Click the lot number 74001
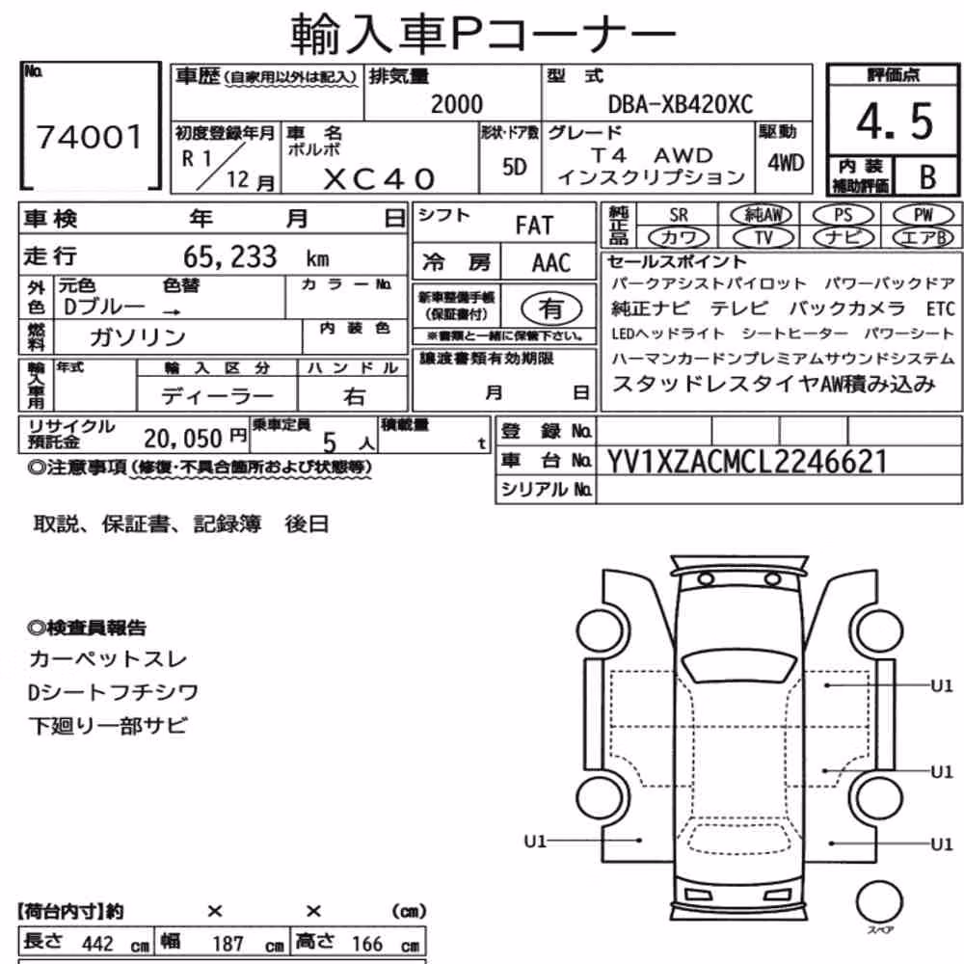coord(90,137)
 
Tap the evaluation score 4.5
coord(895,121)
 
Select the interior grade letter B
coord(927,177)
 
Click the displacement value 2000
coord(457,104)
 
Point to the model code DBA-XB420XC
coord(680,104)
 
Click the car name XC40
coord(379,179)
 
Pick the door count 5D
coord(514,167)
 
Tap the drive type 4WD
coord(785,163)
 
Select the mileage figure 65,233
coord(230,257)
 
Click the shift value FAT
coord(534,226)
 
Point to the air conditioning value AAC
coord(550,263)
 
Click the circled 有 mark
coord(550,308)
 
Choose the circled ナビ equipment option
coord(843,237)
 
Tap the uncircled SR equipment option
coord(678,215)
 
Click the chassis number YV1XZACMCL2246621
coord(747,462)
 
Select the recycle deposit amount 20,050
coord(182,439)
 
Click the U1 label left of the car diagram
coord(535,841)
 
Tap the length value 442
coord(97,944)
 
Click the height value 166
coord(367,944)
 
